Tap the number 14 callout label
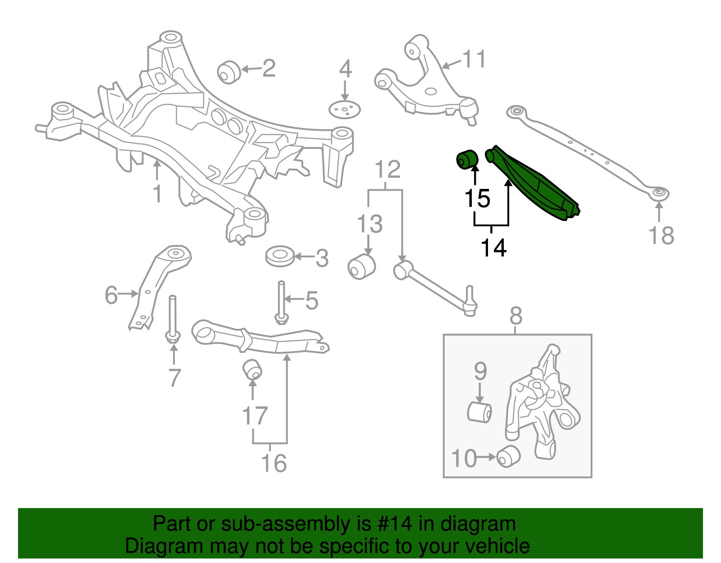click(493, 247)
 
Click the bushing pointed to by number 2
click(229, 72)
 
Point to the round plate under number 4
click(345, 110)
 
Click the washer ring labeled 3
click(280, 256)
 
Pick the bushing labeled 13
click(361, 266)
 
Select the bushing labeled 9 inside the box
click(479, 412)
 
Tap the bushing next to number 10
click(509, 456)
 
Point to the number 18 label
click(661, 235)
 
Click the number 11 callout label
click(475, 59)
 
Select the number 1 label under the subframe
click(157, 193)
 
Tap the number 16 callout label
click(274, 463)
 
